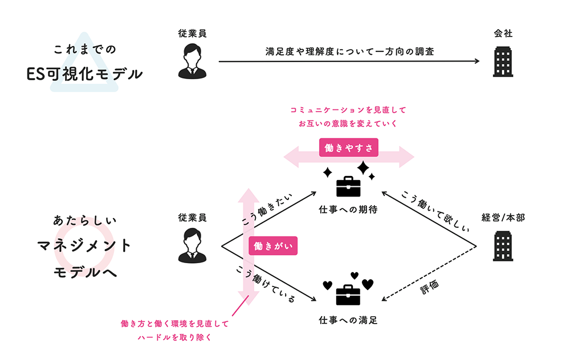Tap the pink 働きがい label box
(x=273, y=247)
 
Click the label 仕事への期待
(x=348, y=210)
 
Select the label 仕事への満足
(x=348, y=320)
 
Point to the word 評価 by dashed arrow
(x=430, y=287)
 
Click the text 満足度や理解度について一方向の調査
(x=349, y=51)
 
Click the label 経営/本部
(x=503, y=218)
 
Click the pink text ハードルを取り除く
(x=174, y=337)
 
